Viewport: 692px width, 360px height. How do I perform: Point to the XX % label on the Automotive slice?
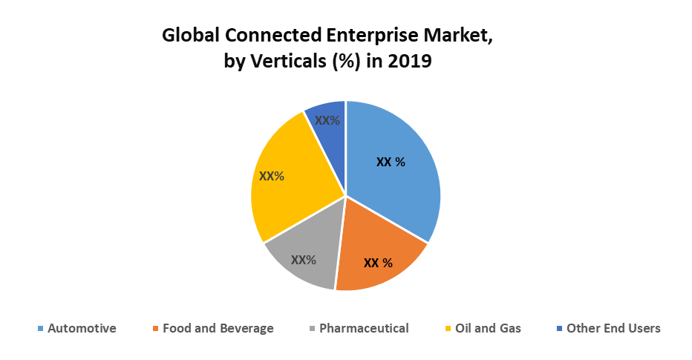tap(391, 162)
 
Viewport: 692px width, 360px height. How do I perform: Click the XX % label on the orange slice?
tap(378, 263)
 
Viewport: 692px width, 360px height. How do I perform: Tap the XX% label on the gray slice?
tap(304, 260)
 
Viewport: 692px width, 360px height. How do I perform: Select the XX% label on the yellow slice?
tap(272, 177)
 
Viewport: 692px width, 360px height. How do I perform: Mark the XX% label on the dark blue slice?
tap(327, 120)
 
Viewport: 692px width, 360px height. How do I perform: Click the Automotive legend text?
tap(82, 328)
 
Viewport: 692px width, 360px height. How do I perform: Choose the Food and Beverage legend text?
tap(218, 328)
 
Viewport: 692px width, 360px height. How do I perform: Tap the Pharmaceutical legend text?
tap(364, 328)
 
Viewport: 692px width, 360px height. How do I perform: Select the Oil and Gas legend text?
tap(488, 328)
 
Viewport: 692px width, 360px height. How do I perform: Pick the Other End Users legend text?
tap(613, 328)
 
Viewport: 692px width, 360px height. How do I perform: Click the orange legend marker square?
tap(154, 329)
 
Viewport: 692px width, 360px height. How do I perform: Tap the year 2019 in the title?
tap(408, 62)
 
